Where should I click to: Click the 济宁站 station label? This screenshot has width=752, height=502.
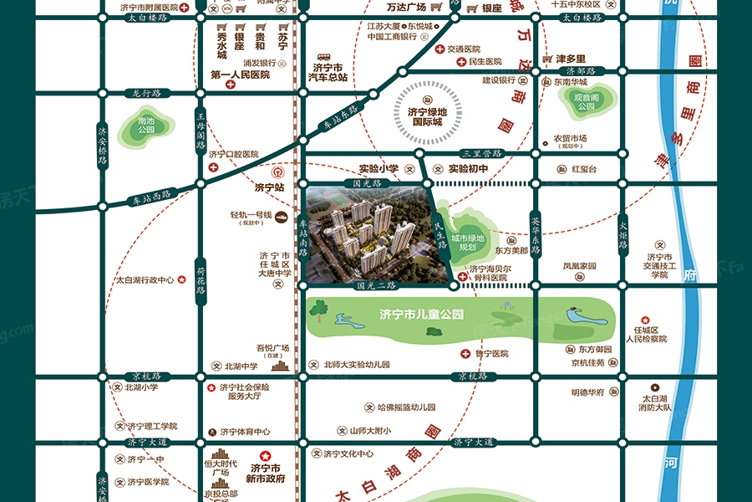pos(269,187)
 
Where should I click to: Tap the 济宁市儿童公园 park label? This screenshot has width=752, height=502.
pos(420,315)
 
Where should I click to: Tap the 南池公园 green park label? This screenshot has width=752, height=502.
pos(147,125)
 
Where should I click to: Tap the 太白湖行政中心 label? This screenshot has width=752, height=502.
pos(145,280)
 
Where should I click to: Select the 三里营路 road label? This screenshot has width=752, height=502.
pos(481,153)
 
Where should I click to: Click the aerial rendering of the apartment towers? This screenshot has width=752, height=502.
pos(368,234)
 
